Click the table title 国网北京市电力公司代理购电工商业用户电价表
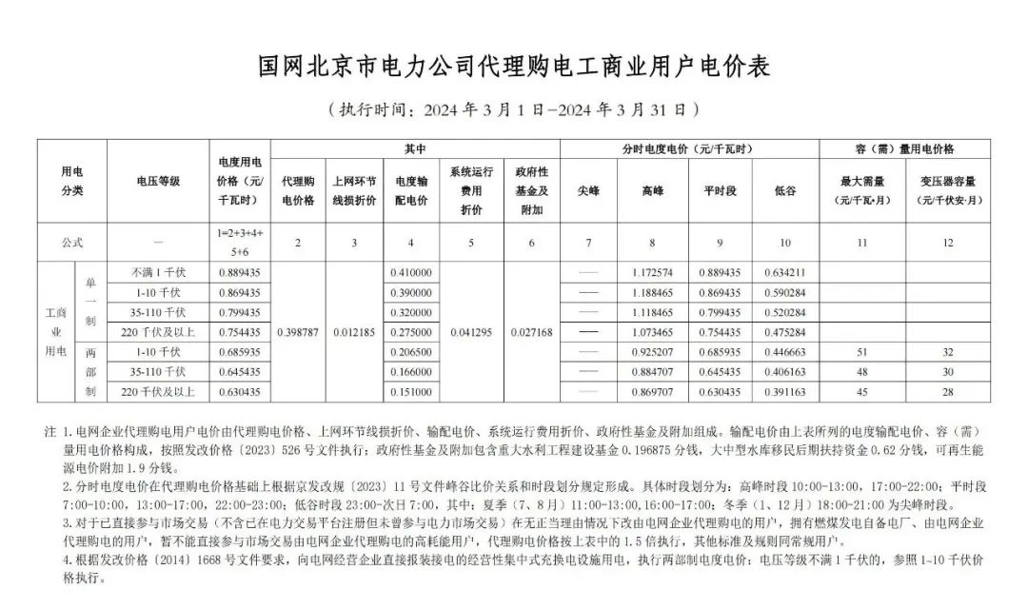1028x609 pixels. (x=514, y=66)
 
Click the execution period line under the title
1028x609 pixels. (x=514, y=108)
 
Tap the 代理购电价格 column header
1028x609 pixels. (x=298, y=190)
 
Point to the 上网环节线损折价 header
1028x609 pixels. (x=354, y=190)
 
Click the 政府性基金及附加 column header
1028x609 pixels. (x=531, y=190)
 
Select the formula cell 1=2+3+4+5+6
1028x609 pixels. (x=240, y=243)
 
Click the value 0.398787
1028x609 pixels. (x=298, y=332)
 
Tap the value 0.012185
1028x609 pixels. (x=354, y=332)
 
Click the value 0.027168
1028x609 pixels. (x=531, y=332)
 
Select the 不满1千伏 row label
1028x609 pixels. (x=158, y=272)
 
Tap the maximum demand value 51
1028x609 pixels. (x=861, y=352)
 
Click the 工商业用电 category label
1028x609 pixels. (x=56, y=332)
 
